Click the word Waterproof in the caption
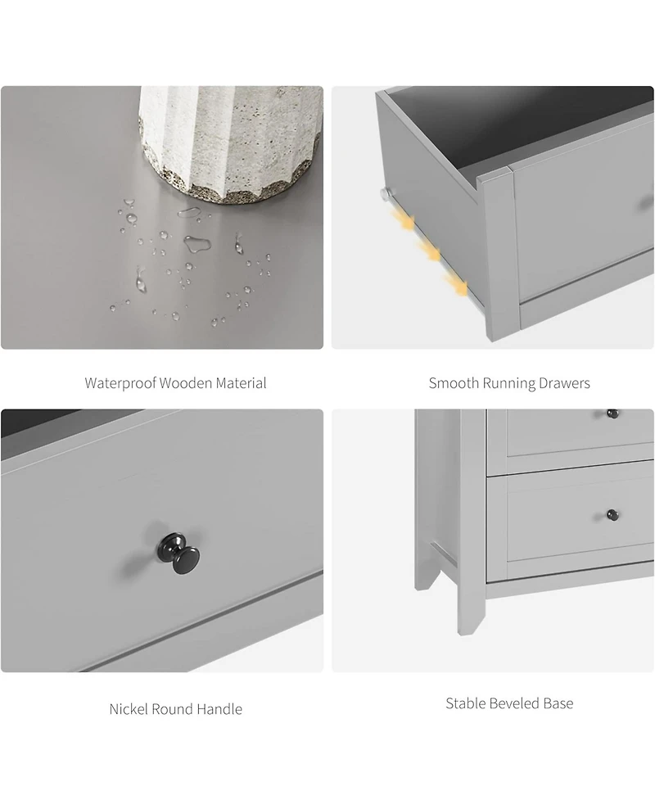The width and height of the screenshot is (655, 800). [x=120, y=383]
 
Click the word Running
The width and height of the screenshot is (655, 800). [x=508, y=383]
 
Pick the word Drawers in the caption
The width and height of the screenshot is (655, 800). [x=565, y=383]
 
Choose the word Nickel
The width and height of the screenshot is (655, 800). [x=129, y=709]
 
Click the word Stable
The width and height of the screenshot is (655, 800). [x=464, y=703]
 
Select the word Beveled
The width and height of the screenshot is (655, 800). [x=515, y=703]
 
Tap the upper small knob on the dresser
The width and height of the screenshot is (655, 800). [x=611, y=412]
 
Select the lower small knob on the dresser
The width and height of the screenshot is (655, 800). [x=611, y=515]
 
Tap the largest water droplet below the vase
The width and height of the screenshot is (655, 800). [x=196, y=242]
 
